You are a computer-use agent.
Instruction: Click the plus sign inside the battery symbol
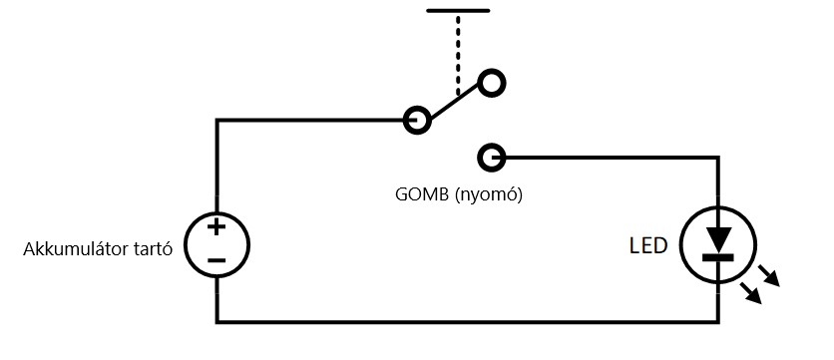tap(215, 227)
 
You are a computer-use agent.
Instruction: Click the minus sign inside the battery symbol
tap(216, 260)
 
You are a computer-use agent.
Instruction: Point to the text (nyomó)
tap(489, 195)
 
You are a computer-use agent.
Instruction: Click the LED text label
tap(647, 245)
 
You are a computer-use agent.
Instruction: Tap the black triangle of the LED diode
tap(718, 239)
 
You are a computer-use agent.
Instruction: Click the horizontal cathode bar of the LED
tap(718, 257)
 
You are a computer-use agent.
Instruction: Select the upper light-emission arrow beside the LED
tap(768, 276)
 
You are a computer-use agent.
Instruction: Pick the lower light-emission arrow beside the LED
tap(751, 293)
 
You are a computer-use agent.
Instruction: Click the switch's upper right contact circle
tap(492, 84)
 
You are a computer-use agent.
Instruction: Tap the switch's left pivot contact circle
tap(417, 121)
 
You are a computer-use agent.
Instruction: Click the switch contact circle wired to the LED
tap(492, 158)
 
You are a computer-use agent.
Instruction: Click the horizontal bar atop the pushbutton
tap(458, 10)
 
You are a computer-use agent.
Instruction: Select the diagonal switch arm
tap(455, 102)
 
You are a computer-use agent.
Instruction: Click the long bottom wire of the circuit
tap(468, 321)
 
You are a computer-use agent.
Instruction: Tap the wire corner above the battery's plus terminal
tap(217, 121)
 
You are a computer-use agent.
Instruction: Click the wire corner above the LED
tap(718, 158)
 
